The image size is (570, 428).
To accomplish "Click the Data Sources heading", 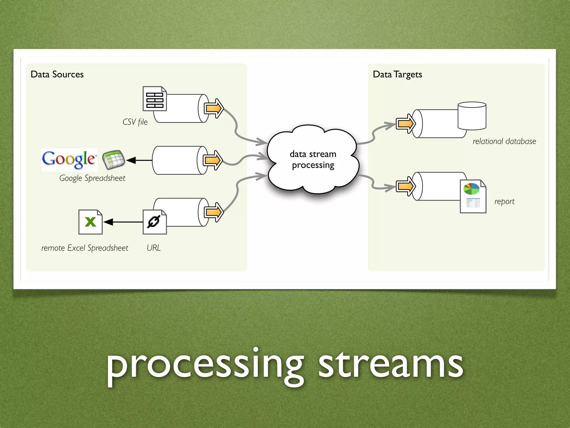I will (x=57, y=74).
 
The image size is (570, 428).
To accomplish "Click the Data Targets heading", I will (x=397, y=74).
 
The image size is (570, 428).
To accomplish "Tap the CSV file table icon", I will (x=154, y=99).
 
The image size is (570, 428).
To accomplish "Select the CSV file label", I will (x=135, y=122).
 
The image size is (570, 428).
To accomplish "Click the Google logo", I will (x=69, y=159).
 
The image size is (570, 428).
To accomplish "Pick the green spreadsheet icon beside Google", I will (x=114, y=160).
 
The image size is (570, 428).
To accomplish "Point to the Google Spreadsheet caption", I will (x=92, y=178).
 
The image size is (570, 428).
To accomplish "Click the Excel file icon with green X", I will (x=90, y=222).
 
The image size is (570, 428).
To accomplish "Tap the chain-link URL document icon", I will (x=154, y=222).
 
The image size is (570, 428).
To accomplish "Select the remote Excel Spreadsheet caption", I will (x=85, y=248).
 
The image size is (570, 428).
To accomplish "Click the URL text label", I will (x=154, y=248).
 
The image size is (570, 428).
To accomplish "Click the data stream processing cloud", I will (x=313, y=159).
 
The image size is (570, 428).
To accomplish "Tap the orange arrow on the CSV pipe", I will (x=213, y=108).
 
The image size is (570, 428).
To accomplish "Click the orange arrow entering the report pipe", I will (x=406, y=186).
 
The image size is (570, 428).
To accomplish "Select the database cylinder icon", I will (x=472, y=116).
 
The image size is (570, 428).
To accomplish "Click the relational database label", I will (x=504, y=141).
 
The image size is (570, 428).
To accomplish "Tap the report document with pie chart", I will (x=473, y=196).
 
